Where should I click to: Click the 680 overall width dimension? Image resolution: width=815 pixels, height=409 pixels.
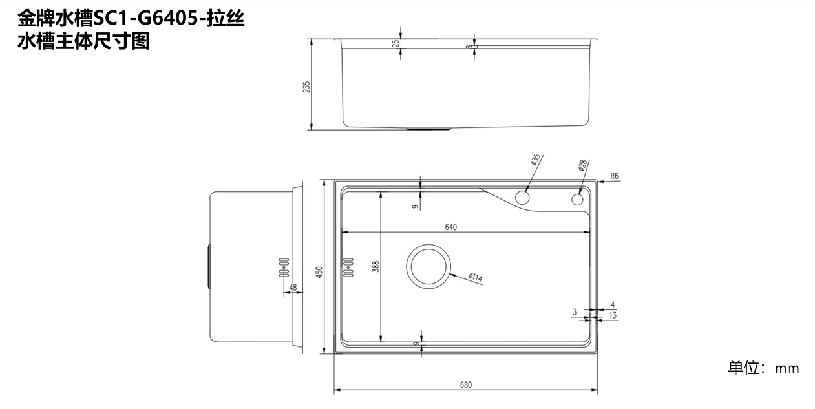466,384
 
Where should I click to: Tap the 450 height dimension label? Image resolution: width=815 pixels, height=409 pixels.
319,272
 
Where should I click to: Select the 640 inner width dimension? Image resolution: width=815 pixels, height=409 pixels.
450,227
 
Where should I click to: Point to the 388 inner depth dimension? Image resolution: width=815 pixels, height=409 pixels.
376,266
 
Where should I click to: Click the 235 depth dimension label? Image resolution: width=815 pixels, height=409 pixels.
307,87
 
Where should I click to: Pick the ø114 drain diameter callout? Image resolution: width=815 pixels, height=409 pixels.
476,278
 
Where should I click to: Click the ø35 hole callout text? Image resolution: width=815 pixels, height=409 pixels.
536,160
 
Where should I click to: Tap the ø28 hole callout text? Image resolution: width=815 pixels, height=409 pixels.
582,165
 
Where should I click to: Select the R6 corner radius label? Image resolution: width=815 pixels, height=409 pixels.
614,176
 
